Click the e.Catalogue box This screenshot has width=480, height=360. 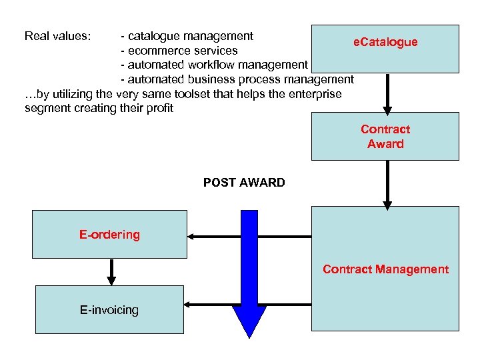click(x=385, y=48)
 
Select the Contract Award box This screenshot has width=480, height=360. click(x=385, y=136)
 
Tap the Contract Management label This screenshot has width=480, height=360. click(x=385, y=269)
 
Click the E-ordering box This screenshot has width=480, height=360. click(x=109, y=235)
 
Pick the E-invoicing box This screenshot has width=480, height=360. click(x=109, y=310)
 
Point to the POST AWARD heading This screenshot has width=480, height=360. click(x=244, y=183)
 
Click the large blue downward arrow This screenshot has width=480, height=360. click(x=249, y=273)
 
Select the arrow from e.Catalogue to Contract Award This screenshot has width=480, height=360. click(x=387, y=93)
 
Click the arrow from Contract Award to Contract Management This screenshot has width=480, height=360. click(x=387, y=184)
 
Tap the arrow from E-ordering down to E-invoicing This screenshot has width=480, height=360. click(x=111, y=272)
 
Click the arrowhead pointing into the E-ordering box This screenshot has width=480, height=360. click(x=192, y=235)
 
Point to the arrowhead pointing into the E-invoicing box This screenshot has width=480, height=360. click(x=189, y=305)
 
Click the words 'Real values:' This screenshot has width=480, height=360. click(x=57, y=36)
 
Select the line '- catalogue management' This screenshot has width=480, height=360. click(x=187, y=36)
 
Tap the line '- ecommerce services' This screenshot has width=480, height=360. click(x=179, y=51)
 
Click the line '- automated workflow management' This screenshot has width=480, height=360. click(x=213, y=65)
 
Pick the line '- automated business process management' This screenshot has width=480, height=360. click(x=237, y=79)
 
